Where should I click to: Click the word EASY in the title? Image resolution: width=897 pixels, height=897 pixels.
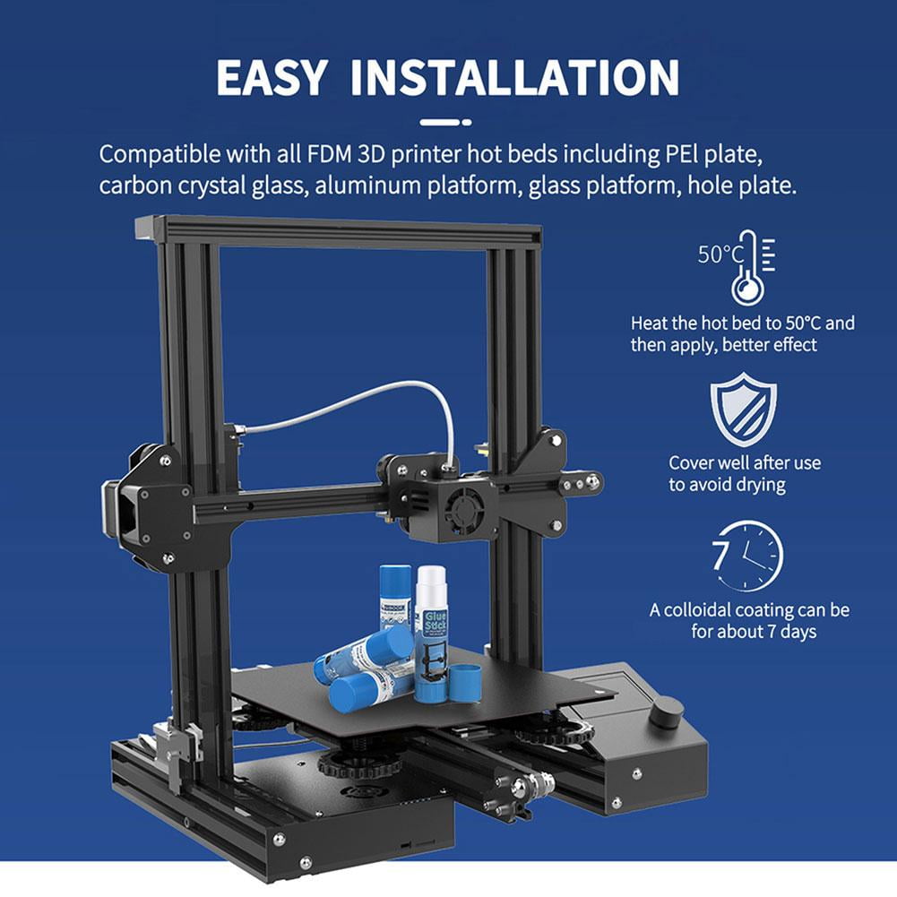272,78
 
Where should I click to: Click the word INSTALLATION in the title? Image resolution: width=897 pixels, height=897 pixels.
514,78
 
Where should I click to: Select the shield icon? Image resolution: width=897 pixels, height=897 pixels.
744,410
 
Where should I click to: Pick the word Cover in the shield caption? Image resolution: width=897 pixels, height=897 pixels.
691,463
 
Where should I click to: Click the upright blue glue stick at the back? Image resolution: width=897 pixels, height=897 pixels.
394,596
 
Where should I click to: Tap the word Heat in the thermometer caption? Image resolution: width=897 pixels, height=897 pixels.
650,323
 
